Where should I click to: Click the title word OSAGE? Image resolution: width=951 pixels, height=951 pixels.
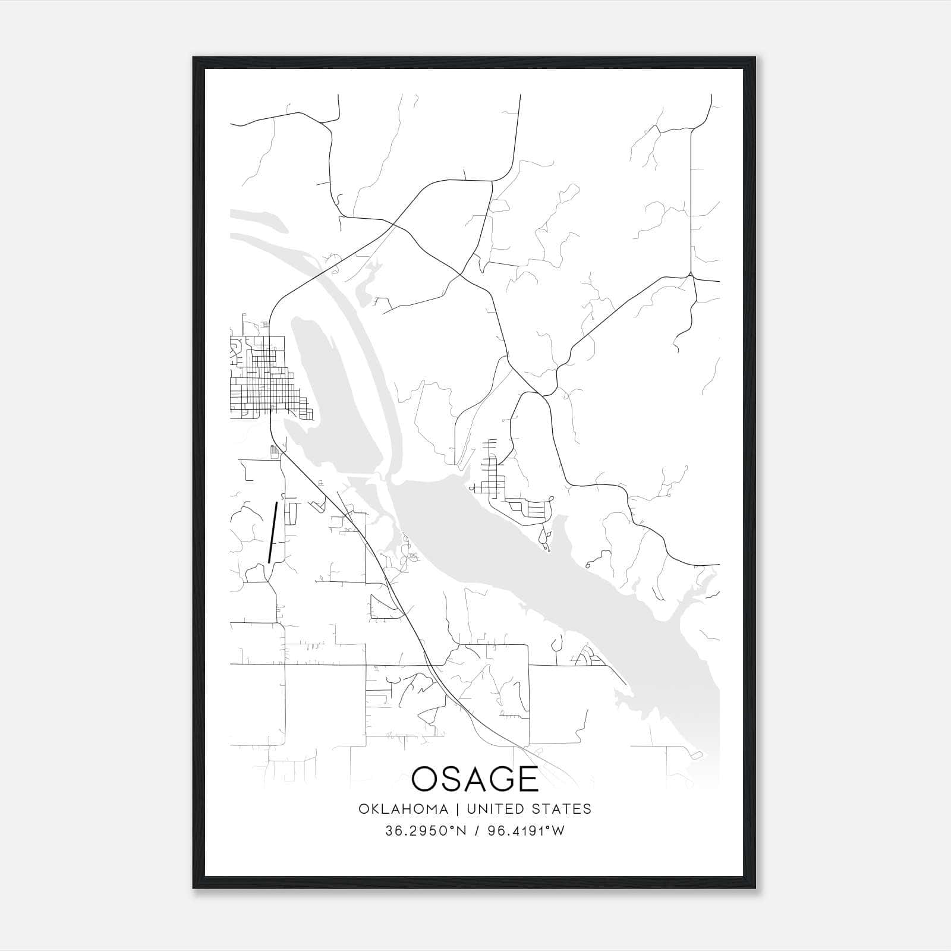point(474,778)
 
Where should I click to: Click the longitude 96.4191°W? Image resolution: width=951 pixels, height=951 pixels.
point(526,831)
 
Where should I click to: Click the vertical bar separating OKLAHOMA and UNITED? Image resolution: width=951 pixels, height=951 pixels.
point(458,809)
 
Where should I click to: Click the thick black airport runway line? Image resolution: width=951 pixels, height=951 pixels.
point(273,532)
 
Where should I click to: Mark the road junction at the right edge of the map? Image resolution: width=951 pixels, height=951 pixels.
point(691,275)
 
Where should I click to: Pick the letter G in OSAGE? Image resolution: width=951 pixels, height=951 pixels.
point(500,778)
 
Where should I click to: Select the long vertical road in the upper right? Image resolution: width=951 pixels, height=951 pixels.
point(691,196)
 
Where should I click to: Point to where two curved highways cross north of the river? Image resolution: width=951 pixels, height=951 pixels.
point(394,225)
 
